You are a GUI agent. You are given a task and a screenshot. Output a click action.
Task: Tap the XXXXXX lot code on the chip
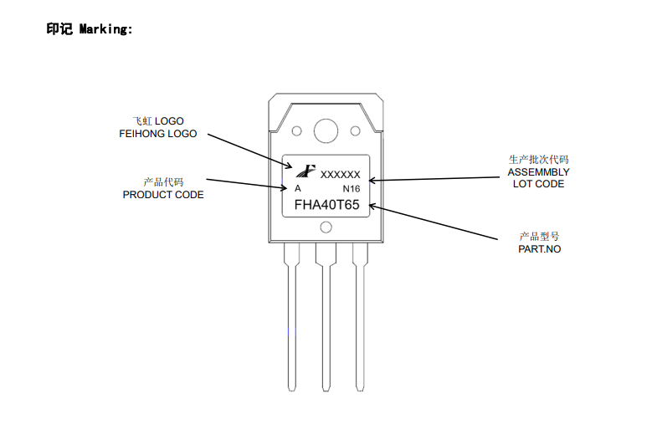(341, 175)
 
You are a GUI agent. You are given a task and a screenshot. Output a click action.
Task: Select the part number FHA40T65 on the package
(326, 204)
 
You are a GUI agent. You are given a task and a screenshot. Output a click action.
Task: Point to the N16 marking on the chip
(352, 189)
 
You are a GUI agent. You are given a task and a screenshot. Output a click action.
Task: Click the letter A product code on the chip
(297, 189)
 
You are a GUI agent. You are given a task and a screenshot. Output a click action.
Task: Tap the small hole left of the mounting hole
(296, 130)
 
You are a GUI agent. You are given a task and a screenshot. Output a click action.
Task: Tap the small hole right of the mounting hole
(355, 130)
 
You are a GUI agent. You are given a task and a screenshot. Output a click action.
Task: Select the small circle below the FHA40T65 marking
(326, 227)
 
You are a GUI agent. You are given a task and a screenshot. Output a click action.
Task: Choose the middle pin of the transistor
(326, 318)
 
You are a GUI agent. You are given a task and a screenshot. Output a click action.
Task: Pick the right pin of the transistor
(360, 318)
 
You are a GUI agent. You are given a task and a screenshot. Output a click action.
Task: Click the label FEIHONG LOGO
(158, 134)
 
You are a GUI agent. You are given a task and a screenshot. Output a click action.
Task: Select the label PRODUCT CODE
(163, 195)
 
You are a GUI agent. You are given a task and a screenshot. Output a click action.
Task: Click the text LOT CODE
(538, 184)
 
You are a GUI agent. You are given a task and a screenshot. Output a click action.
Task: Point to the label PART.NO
(539, 249)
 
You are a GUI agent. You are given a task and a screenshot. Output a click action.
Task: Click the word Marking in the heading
(105, 29)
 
